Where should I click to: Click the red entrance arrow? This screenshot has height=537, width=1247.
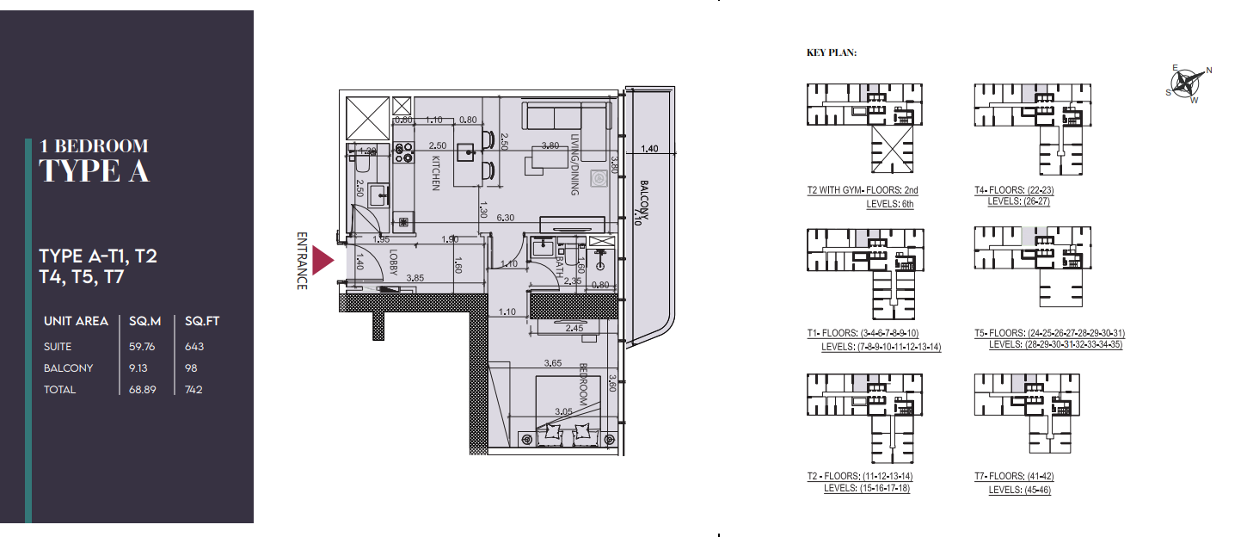coord(322,260)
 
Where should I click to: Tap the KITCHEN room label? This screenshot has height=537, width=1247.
coord(436,172)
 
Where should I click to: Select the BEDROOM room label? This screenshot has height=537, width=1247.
coord(582,384)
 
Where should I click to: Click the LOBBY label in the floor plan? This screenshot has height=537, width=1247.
coord(393,262)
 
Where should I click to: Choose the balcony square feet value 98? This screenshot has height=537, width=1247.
coord(191,368)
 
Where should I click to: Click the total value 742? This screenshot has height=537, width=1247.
coord(194,390)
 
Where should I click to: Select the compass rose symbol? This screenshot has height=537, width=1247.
coord(1189,82)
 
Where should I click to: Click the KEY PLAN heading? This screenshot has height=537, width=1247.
coord(832,53)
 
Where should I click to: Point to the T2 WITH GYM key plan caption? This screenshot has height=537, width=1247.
coord(857,190)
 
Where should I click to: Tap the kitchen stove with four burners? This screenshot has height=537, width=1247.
coord(402,152)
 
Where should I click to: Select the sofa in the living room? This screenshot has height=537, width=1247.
coord(565,117)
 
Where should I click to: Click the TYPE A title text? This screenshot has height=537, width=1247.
coord(95,170)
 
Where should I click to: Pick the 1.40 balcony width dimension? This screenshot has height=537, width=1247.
coord(649,149)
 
